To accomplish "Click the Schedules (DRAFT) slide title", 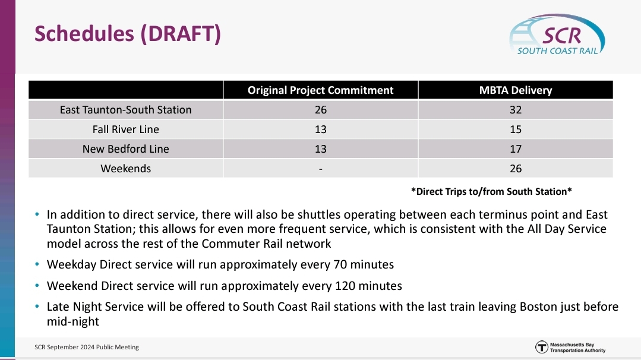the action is tap(128, 33).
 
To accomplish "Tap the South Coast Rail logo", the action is tap(557, 35).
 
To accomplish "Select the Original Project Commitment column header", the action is tap(321, 90).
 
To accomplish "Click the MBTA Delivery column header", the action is tap(516, 90).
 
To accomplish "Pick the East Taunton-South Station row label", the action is tap(125, 110).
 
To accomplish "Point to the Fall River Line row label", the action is tap(125, 130).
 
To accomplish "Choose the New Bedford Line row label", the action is tap(125, 149).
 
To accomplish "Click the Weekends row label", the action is tap(125, 169).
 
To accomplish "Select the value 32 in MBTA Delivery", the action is tap(516, 110).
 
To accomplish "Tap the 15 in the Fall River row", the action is tap(516, 130).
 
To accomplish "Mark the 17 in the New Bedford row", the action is tap(516, 149).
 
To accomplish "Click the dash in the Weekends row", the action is tap(321, 169).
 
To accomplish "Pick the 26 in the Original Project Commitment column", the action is tap(321, 110).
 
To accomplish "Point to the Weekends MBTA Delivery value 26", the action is tap(516, 169).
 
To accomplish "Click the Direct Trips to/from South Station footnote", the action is tap(491, 192).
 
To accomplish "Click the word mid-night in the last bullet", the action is tap(72, 321).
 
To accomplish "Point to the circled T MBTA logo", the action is tap(542, 348).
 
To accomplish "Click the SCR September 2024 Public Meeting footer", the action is tap(87, 348).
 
